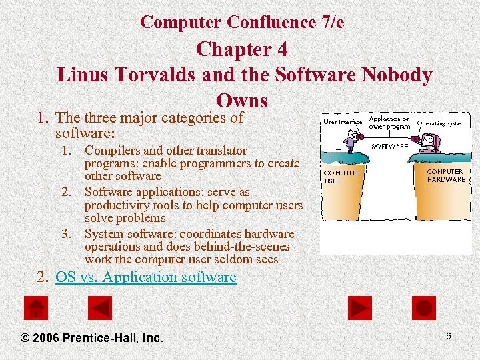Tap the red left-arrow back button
click(x=101, y=307)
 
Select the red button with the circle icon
click(x=425, y=307)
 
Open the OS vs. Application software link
click(x=145, y=277)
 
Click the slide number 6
click(x=449, y=336)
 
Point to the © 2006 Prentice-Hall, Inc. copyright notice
click(x=92, y=338)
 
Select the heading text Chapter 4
click(x=242, y=50)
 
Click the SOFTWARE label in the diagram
click(x=389, y=146)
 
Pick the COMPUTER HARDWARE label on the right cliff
click(x=446, y=175)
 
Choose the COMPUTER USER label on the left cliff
click(x=341, y=177)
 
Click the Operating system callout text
click(x=441, y=123)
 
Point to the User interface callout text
click(x=343, y=122)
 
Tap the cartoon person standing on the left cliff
click(x=351, y=139)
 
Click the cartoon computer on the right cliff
click(x=427, y=143)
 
